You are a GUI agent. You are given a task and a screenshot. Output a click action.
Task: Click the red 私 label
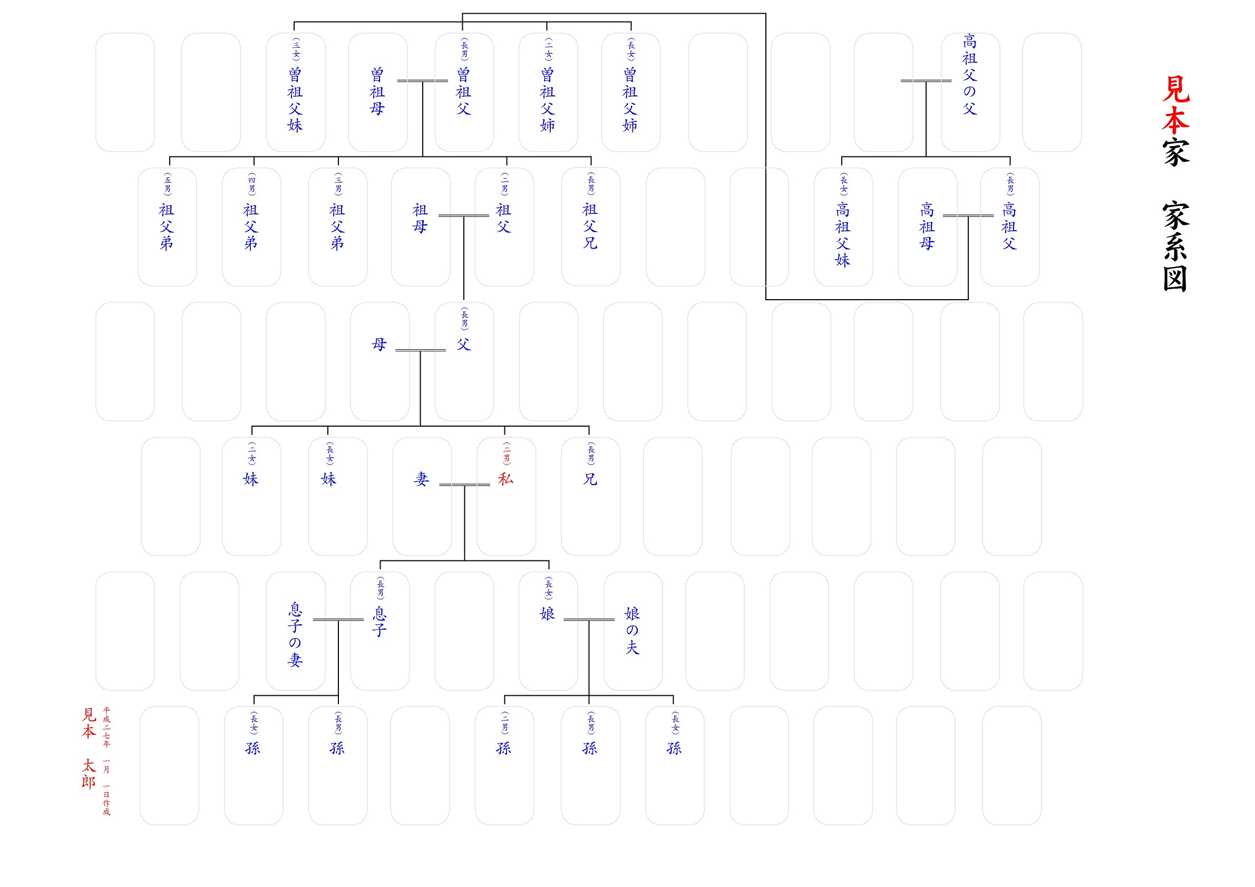(505, 479)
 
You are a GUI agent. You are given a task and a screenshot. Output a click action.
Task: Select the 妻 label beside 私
(421, 479)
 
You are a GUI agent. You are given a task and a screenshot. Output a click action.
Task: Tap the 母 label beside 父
(379, 344)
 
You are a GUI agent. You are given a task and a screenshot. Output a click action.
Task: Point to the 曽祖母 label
(377, 91)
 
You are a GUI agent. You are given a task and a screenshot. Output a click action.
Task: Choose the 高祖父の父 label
(970, 74)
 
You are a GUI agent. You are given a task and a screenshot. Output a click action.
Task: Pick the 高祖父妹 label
(843, 234)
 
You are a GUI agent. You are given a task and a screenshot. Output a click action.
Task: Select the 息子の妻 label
(295, 635)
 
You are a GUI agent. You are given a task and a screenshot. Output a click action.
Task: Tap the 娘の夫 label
(633, 630)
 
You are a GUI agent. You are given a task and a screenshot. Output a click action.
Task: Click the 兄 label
(590, 479)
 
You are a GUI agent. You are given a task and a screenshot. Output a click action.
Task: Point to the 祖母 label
(420, 218)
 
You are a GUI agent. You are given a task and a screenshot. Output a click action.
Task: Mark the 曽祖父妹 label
(295, 100)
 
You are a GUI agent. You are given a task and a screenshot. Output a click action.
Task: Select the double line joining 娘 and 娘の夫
(589, 619)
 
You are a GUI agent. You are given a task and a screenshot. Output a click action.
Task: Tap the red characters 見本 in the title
(1175, 105)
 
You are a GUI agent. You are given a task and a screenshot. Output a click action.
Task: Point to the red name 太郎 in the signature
(89, 774)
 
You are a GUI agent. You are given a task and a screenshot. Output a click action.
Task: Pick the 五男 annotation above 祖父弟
(167, 184)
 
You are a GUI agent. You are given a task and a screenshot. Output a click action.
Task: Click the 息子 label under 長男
(380, 622)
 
